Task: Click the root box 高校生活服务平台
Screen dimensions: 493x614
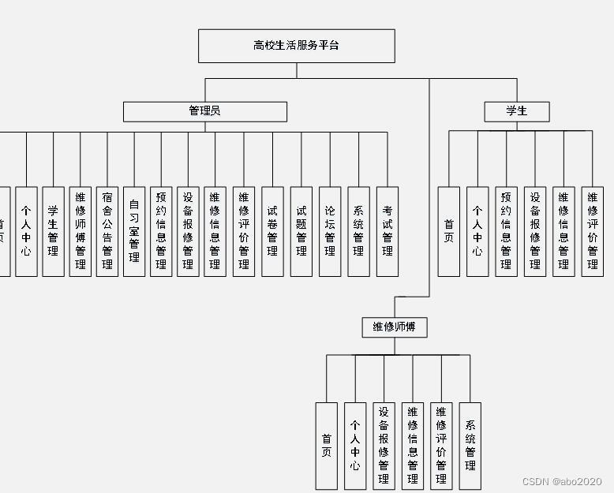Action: (296, 46)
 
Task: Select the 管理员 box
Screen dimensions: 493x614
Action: (204, 111)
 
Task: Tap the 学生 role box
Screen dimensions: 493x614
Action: (516, 111)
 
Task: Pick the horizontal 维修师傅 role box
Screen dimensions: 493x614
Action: (394, 327)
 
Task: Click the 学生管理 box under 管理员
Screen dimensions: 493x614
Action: (53, 231)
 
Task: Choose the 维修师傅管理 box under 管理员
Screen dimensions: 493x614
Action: (80, 231)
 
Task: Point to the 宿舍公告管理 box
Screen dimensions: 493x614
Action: (107, 231)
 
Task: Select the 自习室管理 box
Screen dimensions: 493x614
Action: (134, 231)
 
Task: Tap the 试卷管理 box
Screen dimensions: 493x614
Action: (272, 231)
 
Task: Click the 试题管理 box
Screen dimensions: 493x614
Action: (301, 231)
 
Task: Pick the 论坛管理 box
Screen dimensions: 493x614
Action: (330, 231)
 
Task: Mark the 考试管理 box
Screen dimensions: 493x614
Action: (387, 231)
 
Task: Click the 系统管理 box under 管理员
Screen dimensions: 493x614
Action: (358, 231)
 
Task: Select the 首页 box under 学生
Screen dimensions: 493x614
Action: (448, 231)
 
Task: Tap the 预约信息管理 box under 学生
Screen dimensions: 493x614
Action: (506, 231)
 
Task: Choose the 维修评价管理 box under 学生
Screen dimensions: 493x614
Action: (593, 231)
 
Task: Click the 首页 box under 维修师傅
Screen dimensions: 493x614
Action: (326, 446)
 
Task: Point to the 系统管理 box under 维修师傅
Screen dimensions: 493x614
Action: (470, 446)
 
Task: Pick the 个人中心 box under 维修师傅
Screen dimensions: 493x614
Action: (355, 446)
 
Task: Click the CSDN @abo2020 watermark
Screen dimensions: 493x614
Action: (562, 481)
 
